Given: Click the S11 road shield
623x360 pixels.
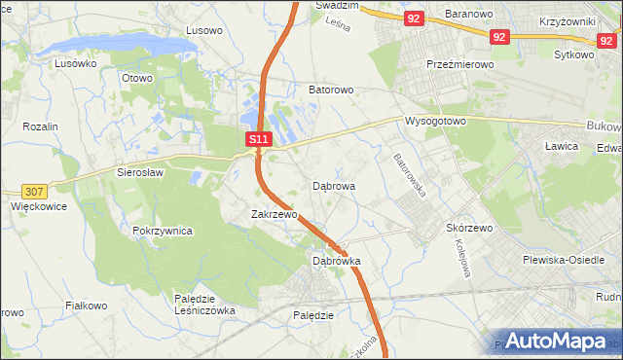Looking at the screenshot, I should (x=258, y=140).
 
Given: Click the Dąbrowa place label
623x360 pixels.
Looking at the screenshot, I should (x=334, y=185).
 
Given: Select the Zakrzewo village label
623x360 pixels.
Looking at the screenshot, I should (x=274, y=214).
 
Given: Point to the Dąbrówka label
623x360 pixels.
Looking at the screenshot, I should (x=337, y=261).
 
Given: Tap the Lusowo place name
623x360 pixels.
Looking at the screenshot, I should (x=203, y=30).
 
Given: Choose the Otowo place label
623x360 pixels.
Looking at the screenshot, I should (x=137, y=78).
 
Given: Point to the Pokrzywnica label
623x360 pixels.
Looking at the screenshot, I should (x=163, y=232).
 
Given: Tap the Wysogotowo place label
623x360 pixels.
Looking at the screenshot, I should (x=435, y=122).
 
